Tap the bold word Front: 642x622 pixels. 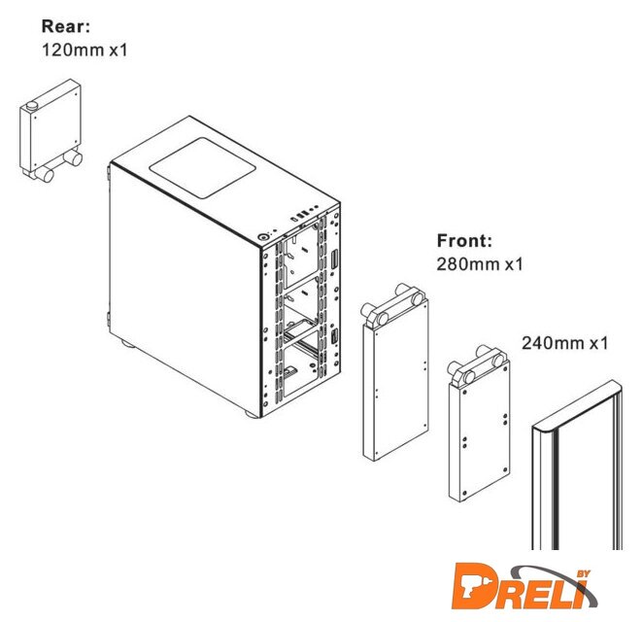466,241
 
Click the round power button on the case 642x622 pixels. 264,235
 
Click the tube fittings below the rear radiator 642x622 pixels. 58,166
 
